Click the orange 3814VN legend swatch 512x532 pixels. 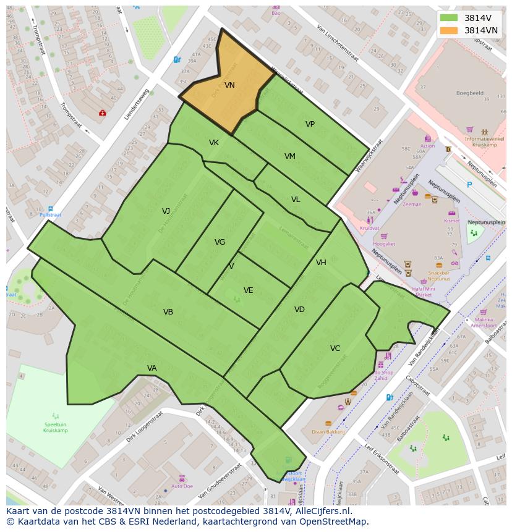(449, 30)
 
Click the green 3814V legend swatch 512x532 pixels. (449, 18)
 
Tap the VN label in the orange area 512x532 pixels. (229, 85)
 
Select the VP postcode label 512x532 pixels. (310, 124)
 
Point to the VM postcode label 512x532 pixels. (289, 156)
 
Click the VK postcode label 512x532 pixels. (214, 143)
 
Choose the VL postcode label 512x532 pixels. (296, 200)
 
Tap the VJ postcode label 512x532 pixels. (166, 211)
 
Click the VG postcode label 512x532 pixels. (220, 242)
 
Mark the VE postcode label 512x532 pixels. (248, 290)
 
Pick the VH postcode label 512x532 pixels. (321, 263)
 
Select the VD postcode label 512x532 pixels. (299, 310)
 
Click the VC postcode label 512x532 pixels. (335, 348)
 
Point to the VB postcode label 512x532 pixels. (168, 312)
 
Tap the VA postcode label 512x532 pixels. (152, 368)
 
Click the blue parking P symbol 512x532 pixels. (469, 185)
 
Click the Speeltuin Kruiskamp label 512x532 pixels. (56, 428)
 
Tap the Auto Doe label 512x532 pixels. (182, 486)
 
